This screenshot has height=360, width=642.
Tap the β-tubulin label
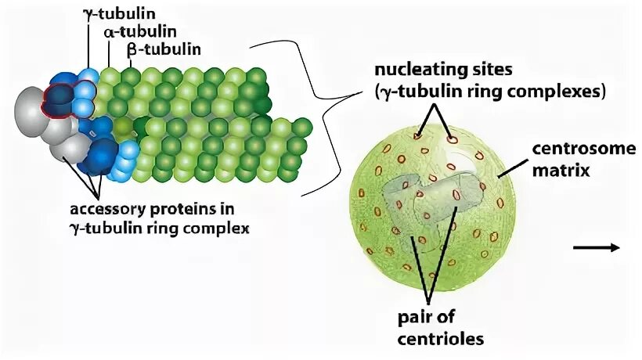click(x=164, y=49)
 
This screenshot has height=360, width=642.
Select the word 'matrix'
click(x=563, y=167)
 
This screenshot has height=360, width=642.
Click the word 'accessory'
click(x=107, y=210)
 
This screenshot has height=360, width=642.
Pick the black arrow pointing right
click(x=597, y=248)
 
